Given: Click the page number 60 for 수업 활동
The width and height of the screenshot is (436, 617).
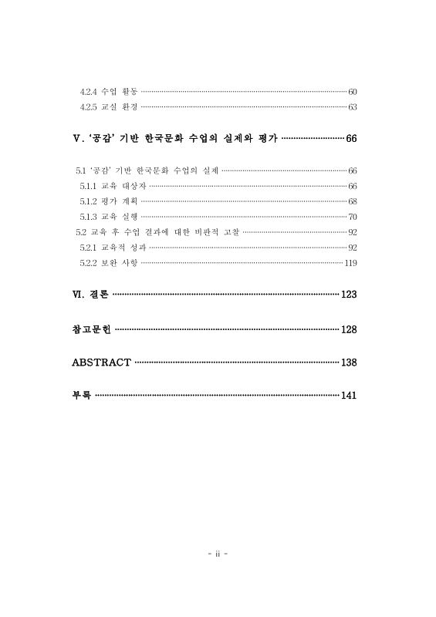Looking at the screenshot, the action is point(352,92).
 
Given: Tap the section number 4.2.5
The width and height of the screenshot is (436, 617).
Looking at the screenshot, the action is point(89,106).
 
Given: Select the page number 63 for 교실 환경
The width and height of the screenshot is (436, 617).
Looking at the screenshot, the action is point(352,106).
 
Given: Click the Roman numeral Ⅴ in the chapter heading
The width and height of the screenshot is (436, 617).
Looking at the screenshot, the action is point(75,138).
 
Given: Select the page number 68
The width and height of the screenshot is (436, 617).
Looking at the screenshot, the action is point(352,201).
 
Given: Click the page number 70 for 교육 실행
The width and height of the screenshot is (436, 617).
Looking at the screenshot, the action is point(352,217).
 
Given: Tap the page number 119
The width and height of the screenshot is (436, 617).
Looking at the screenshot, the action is point(350,263).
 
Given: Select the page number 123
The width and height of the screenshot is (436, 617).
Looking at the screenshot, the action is point(348,295).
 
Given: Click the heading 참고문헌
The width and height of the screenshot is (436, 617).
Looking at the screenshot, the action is point(91,329).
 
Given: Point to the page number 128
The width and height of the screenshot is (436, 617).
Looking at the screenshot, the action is point(348,329).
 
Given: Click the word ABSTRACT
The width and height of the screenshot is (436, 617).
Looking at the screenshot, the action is point(101,362).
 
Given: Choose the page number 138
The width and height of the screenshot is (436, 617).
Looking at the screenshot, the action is point(348,362).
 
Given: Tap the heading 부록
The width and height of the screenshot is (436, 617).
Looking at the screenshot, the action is point(81,395).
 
